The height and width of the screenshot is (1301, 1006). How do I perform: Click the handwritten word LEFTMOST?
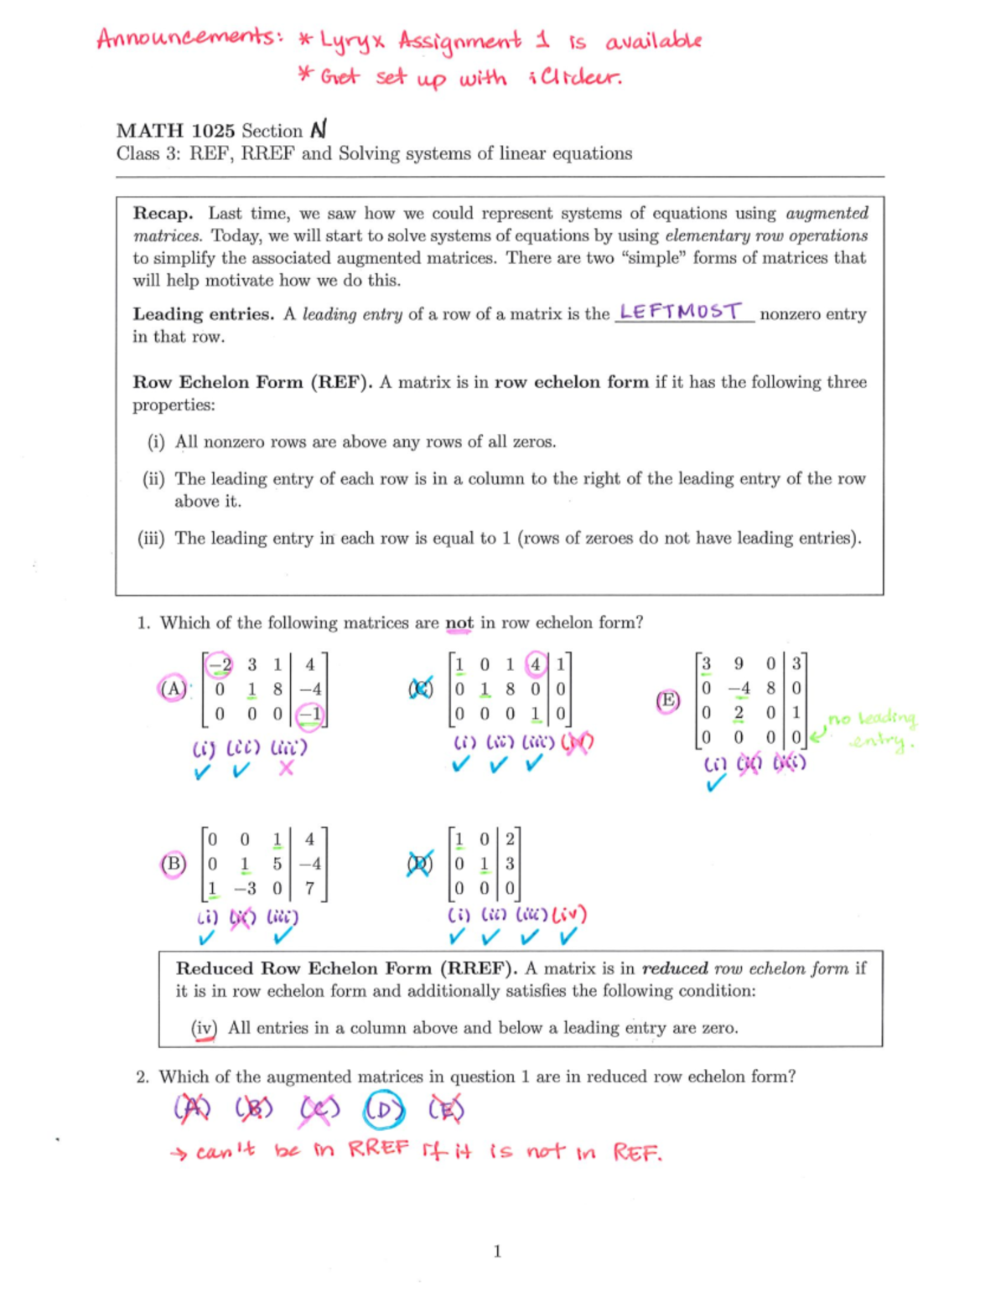[x=681, y=312]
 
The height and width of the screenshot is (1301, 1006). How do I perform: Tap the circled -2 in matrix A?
[x=220, y=665]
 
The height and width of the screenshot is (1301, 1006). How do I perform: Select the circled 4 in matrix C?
[x=535, y=665]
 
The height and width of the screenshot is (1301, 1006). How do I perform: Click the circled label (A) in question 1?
[x=173, y=689]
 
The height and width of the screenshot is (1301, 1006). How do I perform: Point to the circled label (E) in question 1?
[x=667, y=700]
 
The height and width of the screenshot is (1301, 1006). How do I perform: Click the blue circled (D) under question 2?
[x=384, y=1110]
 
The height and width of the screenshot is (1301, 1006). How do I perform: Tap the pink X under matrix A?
[x=286, y=768]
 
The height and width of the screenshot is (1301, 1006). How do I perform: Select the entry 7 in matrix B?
[x=309, y=888]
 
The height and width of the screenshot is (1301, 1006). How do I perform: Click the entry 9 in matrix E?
[x=738, y=663]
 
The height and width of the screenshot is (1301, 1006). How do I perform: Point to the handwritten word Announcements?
[x=189, y=39]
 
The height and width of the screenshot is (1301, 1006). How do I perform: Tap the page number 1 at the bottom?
[x=497, y=1252]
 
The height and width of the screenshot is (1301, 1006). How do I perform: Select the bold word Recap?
[x=163, y=214]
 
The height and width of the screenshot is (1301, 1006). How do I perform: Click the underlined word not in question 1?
[x=459, y=623]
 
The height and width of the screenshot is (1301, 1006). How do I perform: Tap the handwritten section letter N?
[x=318, y=130]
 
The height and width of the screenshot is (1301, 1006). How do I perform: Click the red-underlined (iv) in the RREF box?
[x=204, y=1028]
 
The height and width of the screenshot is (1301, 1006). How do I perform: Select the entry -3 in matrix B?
[x=245, y=888]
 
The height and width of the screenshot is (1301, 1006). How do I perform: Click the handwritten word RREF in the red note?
[x=379, y=1149]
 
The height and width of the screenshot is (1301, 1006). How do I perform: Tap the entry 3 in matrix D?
[x=510, y=864]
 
